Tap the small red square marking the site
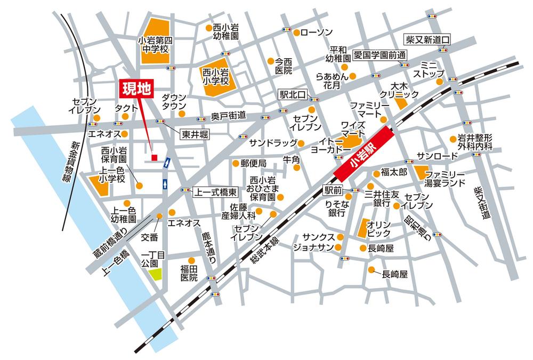pyautogui.click(x=154, y=157)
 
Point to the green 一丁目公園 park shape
pyautogui.click(x=155, y=275)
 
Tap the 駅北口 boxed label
pyautogui.click(x=293, y=94)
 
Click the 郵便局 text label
pyautogui.click(x=253, y=163)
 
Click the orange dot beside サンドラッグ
pyautogui.click(x=301, y=143)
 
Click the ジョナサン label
pyautogui.click(x=313, y=247)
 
